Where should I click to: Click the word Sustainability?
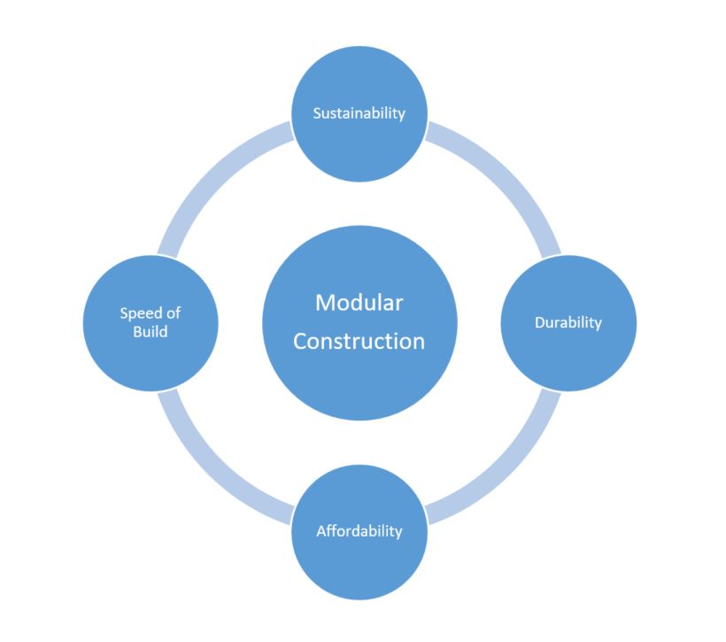(x=359, y=113)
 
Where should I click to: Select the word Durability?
(x=568, y=322)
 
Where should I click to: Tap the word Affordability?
(x=359, y=531)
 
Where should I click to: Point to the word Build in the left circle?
(x=151, y=332)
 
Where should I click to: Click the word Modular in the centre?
(x=359, y=303)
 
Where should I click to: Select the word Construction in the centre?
(x=359, y=341)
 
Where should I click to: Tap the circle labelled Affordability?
(x=359, y=562)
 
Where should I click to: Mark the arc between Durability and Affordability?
(x=506, y=469)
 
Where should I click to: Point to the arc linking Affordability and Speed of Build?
(x=212, y=469)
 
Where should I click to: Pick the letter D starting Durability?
(x=539, y=322)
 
